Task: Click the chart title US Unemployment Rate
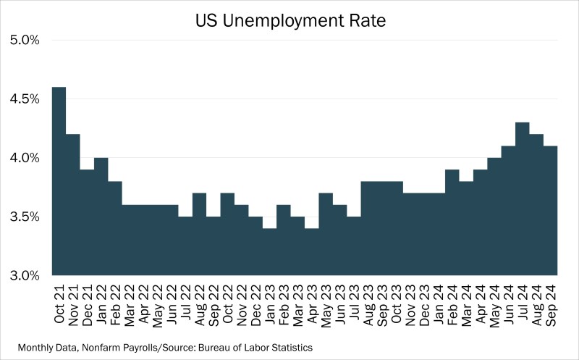click(289, 21)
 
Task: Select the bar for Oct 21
click(59, 181)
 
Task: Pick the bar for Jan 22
click(101, 217)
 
